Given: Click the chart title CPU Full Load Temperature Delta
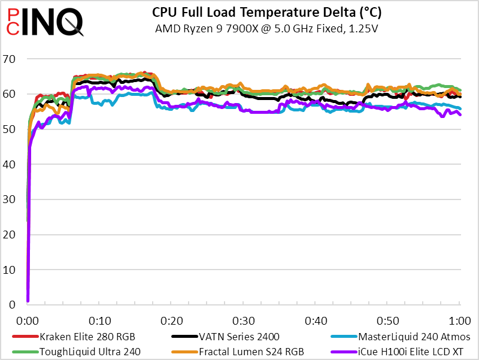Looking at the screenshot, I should point(267,12).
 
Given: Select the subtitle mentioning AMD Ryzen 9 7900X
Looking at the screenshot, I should point(267,28).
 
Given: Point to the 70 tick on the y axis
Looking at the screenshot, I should point(10,59).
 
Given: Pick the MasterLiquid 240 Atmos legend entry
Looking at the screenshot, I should point(414,337).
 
